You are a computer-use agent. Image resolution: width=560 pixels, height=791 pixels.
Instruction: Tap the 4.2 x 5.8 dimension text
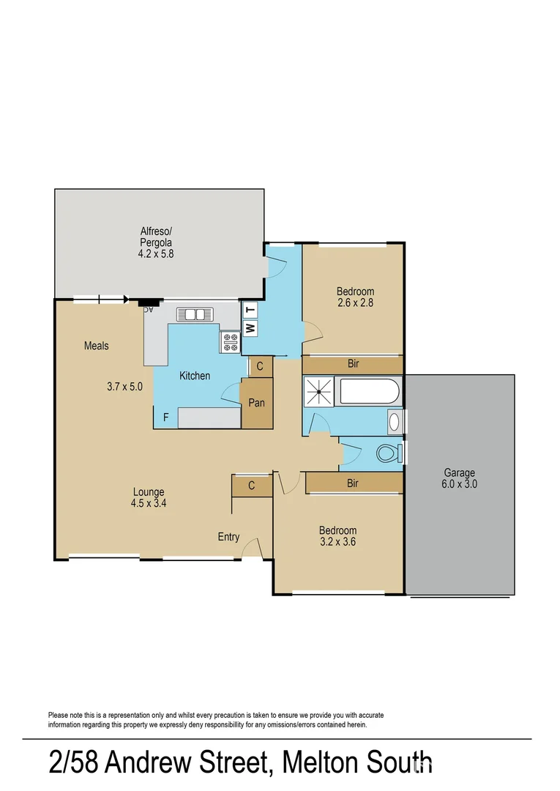pyautogui.click(x=155, y=254)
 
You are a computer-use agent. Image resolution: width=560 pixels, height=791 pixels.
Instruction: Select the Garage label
pyautogui.click(x=459, y=472)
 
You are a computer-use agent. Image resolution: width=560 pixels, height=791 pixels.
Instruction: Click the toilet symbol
pyautogui.click(x=389, y=453)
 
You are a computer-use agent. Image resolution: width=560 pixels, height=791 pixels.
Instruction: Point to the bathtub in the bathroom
pyautogui.click(x=370, y=392)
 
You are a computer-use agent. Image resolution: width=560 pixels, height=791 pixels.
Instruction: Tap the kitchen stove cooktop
pyautogui.click(x=231, y=341)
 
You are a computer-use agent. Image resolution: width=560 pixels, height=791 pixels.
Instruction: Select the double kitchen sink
pyautogui.click(x=195, y=314)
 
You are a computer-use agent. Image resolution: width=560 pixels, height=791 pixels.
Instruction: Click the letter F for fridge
pyautogui.click(x=166, y=417)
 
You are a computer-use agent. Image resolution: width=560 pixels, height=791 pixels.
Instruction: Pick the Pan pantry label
pyautogui.click(x=256, y=403)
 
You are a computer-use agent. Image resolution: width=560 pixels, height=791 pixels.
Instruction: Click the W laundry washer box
pyautogui.click(x=250, y=327)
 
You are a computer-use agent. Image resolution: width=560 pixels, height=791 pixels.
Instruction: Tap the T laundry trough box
pyautogui.click(x=250, y=310)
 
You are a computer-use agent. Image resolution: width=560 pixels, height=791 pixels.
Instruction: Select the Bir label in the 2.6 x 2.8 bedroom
pyautogui.click(x=353, y=364)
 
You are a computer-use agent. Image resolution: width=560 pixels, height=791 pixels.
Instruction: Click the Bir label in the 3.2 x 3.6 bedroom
pyautogui.click(x=353, y=483)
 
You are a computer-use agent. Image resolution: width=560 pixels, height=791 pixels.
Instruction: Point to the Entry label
pyautogui.click(x=228, y=537)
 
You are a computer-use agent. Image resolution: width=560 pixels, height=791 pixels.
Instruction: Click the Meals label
pyautogui.click(x=96, y=345)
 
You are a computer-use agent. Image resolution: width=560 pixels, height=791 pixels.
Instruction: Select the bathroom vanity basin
pyautogui.click(x=395, y=421)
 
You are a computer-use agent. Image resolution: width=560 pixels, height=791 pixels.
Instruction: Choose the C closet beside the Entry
pyautogui.click(x=251, y=485)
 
